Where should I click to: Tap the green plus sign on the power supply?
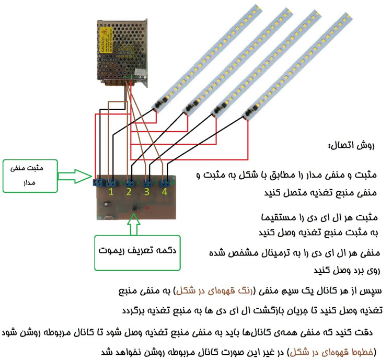(x=131, y=79)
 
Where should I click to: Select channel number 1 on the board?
(x=111, y=193)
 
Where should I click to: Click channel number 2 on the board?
(x=129, y=193)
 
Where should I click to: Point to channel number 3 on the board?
(x=147, y=193)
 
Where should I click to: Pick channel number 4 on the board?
(x=165, y=193)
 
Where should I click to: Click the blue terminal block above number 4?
(x=165, y=183)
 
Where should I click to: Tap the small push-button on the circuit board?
(x=135, y=207)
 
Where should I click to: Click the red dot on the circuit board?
(x=148, y=207)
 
